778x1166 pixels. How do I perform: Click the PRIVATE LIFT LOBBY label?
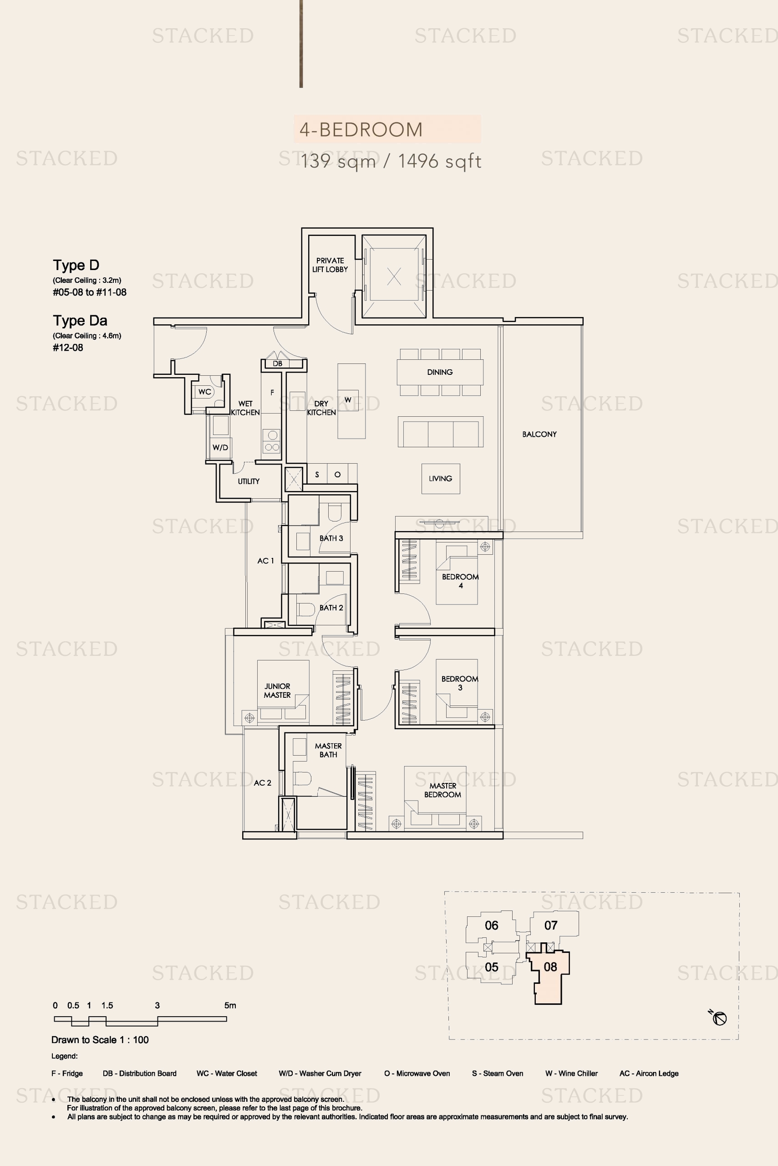pyautogui.click(x=330, y=265)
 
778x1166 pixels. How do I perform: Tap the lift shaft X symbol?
pyautogui.click(x=394, y=276)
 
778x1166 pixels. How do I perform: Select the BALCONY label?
pyautogui.click(x=539, y=435)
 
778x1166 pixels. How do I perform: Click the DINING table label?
pyautogui.click(x=440, y=372)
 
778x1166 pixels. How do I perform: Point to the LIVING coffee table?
pyautogui.click(x=441, y=479)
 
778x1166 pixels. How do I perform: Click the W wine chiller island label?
pyautogui.click(x=348, y=400)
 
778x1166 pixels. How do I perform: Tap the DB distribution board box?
pyautogui.click(x=278, y=364)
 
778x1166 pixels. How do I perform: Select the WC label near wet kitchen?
pyautogui.click(x=204, y=392)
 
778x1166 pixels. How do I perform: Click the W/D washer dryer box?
pyautogui.click(x=220, y=447)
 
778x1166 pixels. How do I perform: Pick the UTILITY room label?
pyautogui.click(x=249, y=481)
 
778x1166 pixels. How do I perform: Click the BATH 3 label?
pyautogui.click(x=331, y=538)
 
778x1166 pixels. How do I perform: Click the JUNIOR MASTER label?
pyautogui.click(x=277, y=690)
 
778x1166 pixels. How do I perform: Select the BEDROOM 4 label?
pyautogui.click(x=460, y=581)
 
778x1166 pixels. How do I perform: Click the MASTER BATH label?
pyautogui.click(x=328, y=750)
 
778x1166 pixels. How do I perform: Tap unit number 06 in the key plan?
pyautogui.click(x=491, y=925)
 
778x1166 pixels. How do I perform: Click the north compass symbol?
pyautogui.click(x=719, y=1018)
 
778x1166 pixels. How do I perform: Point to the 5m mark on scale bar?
pyautogui.click(x=230, y=1006)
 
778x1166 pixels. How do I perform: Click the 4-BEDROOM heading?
pyautogui.click(x=361, y=129)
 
